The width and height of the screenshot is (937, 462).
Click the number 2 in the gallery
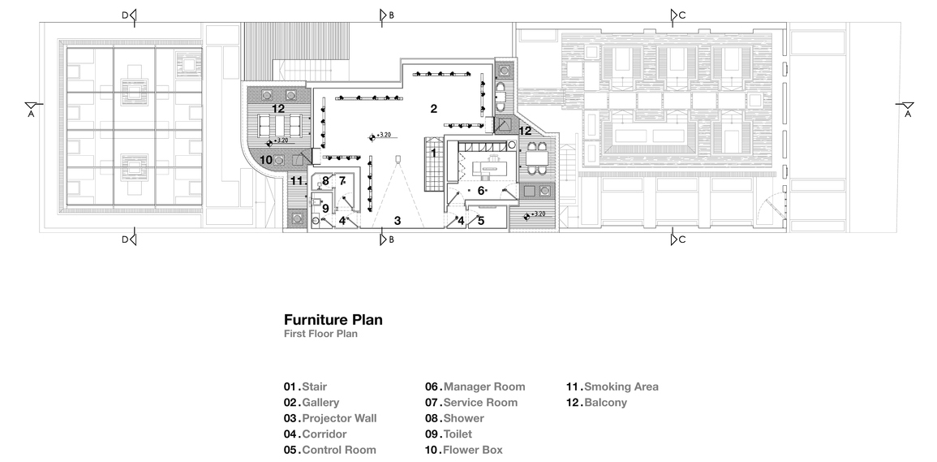click(x=433, y=108)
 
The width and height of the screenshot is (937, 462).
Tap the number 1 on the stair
click(x=433, y=152)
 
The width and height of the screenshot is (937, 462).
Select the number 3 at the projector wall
click(x=398, y=220)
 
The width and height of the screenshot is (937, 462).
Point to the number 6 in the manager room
click(x=479, y=190)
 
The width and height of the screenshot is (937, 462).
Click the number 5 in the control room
click(x=480, y=220)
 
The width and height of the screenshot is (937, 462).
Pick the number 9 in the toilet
click(x=325, y=208)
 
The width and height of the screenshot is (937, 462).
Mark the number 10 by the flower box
click(x=266, y=160)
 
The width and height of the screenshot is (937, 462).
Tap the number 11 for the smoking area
click(x=296, y=180)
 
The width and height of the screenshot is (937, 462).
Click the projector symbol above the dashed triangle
click(x=398, y=158)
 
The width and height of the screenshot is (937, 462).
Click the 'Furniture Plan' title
click(x=333, y=320)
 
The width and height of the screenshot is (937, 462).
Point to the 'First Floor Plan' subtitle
click(x=320, y=334)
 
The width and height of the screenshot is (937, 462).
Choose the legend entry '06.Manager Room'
click(x=475, y=386)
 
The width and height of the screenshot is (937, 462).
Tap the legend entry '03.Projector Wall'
click(x=330, y=418)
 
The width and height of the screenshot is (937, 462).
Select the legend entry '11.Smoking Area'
click(x=612, y=386)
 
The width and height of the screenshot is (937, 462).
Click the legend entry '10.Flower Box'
click(x=463, y=450)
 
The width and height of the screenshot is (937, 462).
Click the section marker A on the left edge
click(x=31, y=109)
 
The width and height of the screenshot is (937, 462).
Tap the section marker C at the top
click(x=676, y=15)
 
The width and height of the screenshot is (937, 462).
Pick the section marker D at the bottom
click(x=129, y=239)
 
